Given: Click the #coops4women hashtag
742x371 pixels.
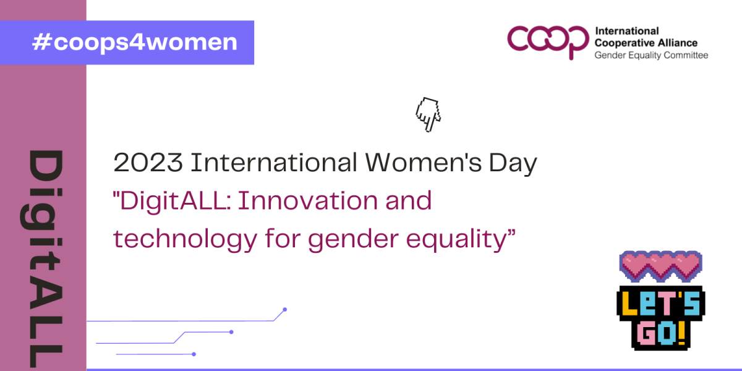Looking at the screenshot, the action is pyautogui.click(x=135, y=43).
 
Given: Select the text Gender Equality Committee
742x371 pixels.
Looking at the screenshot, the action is pyautogui.click(x=651, y=55).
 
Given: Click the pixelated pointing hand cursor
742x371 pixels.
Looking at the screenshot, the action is pyautogui.click(x=428, y=114).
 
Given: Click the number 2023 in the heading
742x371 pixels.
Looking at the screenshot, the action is pyautogui.click(x=148, y=163).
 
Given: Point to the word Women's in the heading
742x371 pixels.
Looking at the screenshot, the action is pyautogui.click(x=423, y=163).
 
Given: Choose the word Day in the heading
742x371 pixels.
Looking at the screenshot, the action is pyautogui.click(x=513, y=164).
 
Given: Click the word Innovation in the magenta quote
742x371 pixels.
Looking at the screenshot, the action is pyautogui.click(x=308, y=201).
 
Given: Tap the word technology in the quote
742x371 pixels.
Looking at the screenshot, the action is pyautogui.click(x=185, y=239).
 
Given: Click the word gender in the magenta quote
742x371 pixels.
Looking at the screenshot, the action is pyautogui.click(x=353, y=239).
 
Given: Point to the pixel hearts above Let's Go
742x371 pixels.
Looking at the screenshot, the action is pyautogui.click(x=660, y=267).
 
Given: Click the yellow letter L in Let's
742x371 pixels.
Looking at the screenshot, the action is pyautogui.click(x=629, y=304).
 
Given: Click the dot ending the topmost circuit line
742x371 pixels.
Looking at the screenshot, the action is pyautogui.click(x=285, y=310).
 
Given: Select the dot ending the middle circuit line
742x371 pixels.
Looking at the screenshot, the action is pyautogui.click(x=231, y=332).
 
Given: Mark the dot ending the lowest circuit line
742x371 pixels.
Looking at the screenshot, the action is pyautogui.click(x=194, y=354).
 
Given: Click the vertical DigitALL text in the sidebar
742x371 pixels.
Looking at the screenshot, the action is pyautogui.click(x=43, y=258).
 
